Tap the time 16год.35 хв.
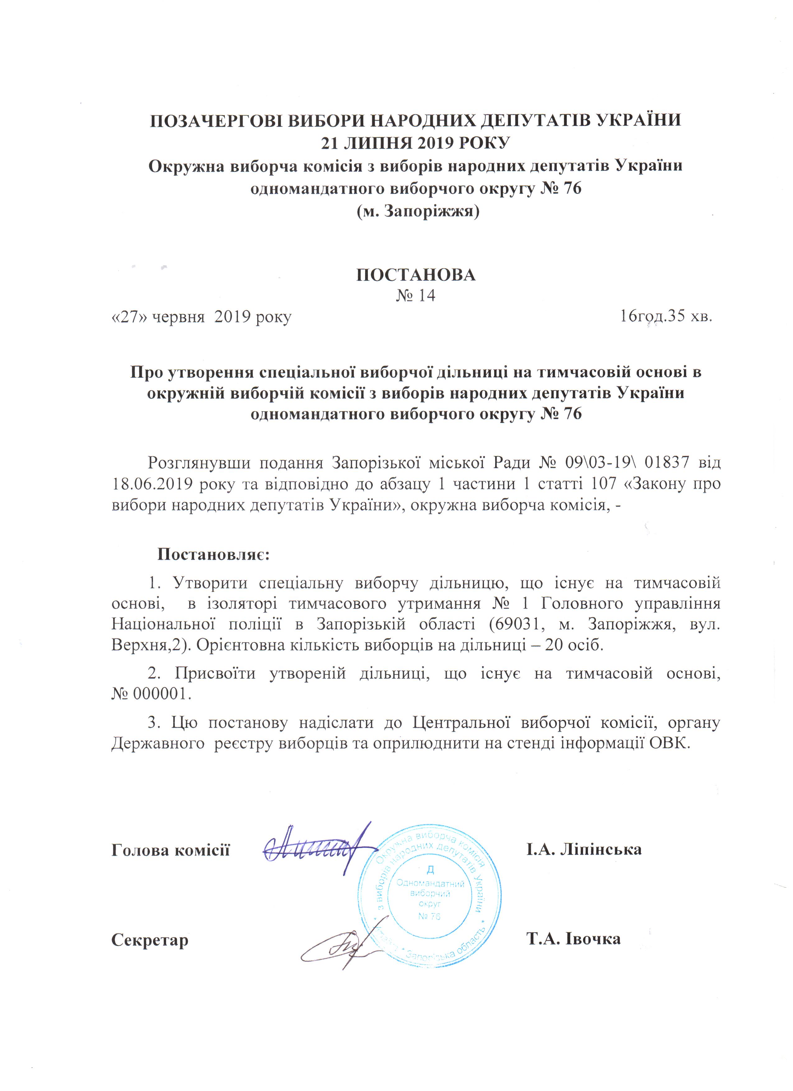point(666,317)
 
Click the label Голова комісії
point(170,850)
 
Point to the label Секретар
point(150,939)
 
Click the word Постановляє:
point(214,555)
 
